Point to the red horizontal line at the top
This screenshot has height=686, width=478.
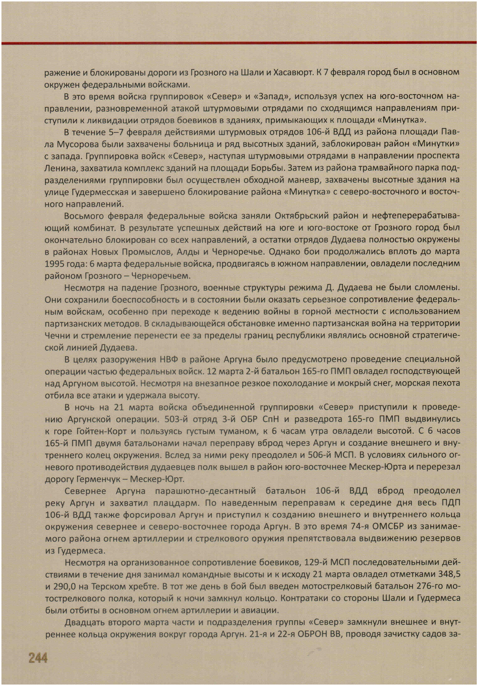point(239,43)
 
